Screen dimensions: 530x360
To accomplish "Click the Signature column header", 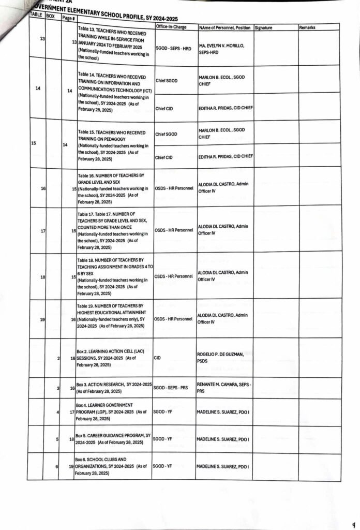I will point(267,27).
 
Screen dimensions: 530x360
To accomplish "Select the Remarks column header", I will point(307,27).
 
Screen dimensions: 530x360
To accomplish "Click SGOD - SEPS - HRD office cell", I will point(173,49).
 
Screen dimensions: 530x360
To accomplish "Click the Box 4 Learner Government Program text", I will point(109,411).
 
